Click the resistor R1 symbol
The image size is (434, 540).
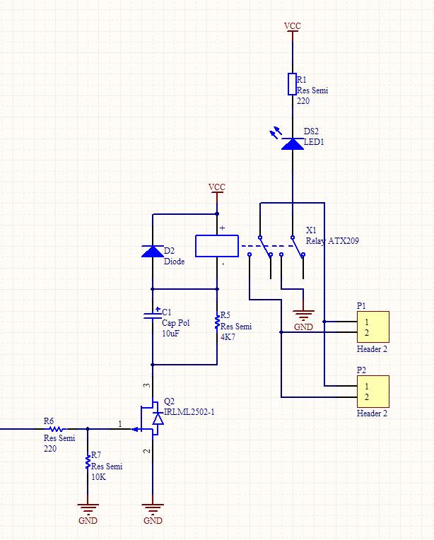tap(292, 83)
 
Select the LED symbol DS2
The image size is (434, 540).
tap(292, 143)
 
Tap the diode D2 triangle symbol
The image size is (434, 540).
tap(152, 251)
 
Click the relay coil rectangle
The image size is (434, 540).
tap(216, 245)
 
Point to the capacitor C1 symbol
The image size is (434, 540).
tap(152, 315)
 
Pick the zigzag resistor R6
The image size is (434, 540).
tap(54, 428)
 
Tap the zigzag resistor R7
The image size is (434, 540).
tap(88, 462)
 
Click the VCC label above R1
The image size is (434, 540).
tap(292, 26)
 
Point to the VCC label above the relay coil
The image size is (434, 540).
tap(217, 187)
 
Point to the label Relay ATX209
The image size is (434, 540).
tap(332, 241)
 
